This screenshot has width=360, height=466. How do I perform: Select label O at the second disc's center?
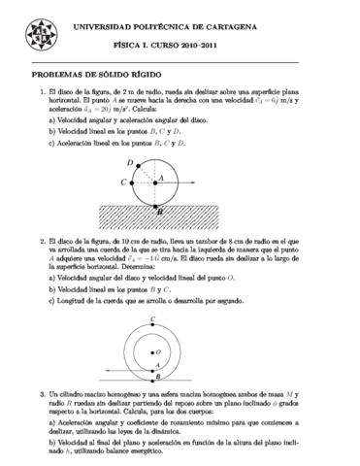[x=158, y=347]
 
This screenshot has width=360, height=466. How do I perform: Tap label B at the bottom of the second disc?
[x=156, y=379]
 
